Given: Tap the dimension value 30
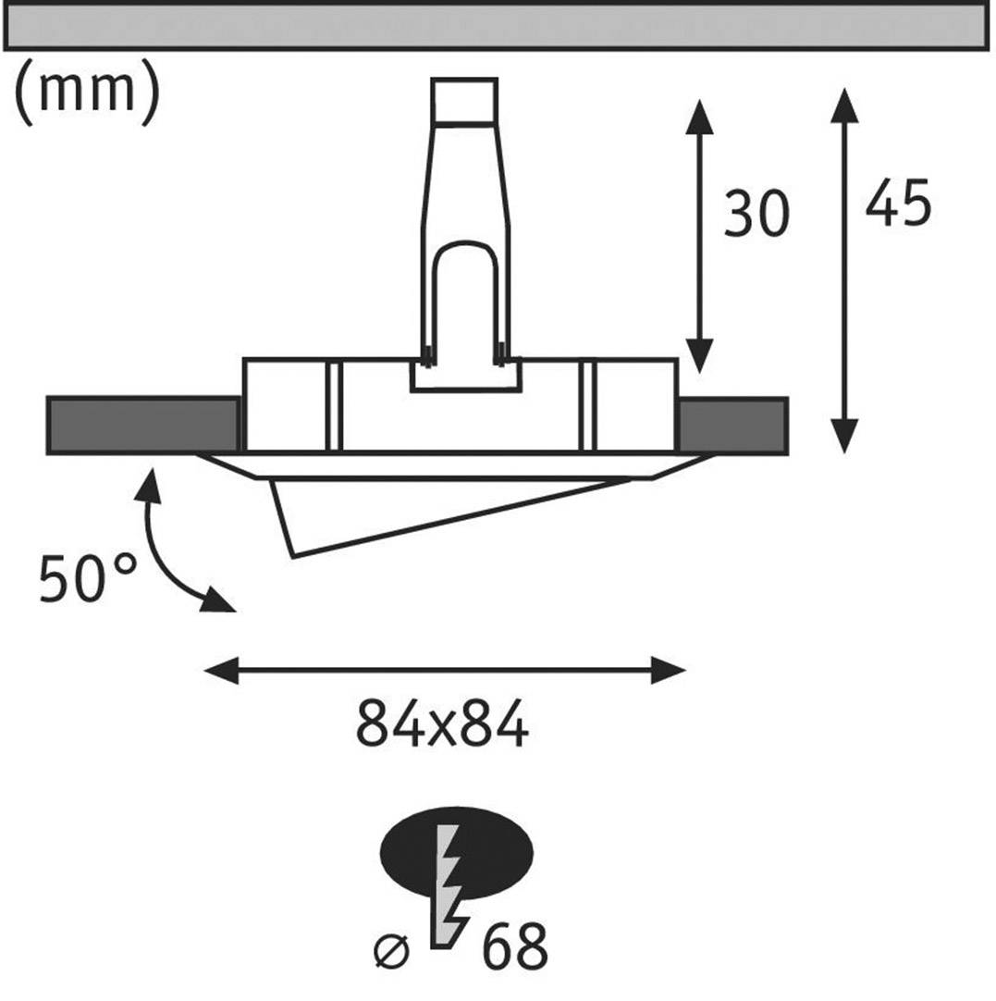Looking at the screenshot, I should pos(756,214).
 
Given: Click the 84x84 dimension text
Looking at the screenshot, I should pos(442,725).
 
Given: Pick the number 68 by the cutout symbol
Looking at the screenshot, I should pos(513,945).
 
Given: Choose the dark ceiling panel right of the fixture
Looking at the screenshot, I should pos(732,426).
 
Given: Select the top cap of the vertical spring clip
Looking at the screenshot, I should pos(463,101).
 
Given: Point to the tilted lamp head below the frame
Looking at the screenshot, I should pos(388,513).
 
